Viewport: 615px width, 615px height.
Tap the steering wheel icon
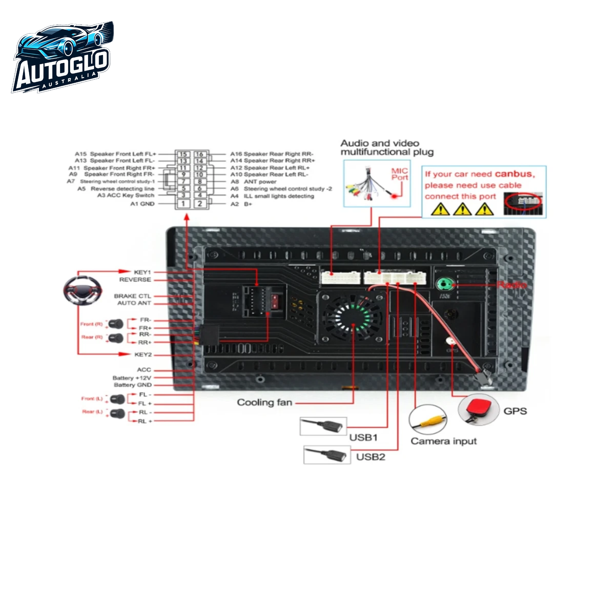(x=83, y=290)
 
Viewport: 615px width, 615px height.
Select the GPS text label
(x=515, y=411)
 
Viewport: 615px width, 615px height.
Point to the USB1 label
(x=363, y=437)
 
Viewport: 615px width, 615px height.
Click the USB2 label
(x=370, y=457)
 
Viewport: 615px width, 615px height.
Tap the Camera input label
(x=443, y=441)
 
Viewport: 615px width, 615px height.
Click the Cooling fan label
(x=264, y=402)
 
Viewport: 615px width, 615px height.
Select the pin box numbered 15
(x=183, y=154)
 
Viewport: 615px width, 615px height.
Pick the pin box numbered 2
(x=200, y=204)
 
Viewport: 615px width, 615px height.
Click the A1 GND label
(x=142, y=204)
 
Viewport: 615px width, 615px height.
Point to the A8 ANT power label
(x=254, y=182)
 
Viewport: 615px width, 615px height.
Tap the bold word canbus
(x=515, y=174)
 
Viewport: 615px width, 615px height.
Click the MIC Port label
(x=399, y=174)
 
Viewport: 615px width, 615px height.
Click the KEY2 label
(x=143, y=355)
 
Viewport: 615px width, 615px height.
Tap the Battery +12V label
(x=132, y=378)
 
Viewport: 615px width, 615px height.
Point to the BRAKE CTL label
(x=132, y=296)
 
